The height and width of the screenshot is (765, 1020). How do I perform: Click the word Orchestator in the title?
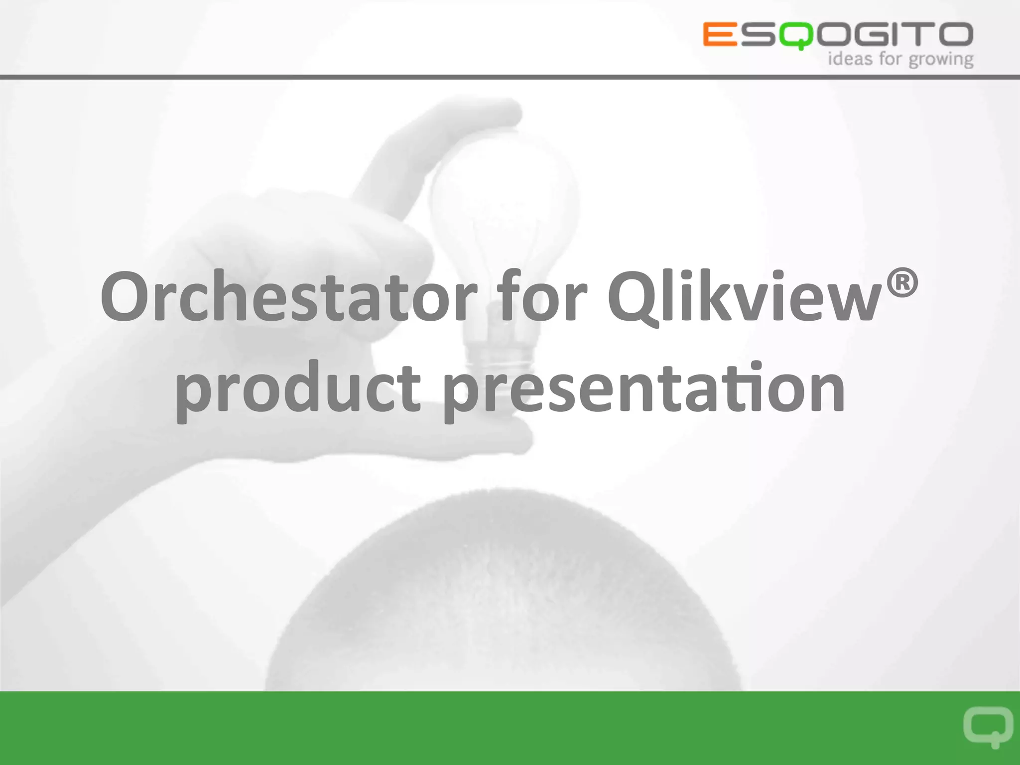288,297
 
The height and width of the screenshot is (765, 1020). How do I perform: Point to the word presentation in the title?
643,388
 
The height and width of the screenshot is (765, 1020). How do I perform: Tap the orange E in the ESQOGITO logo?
720,34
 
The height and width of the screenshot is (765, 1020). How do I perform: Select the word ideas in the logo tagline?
850,59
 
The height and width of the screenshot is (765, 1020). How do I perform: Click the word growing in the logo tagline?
941,60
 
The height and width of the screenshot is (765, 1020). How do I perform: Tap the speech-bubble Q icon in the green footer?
988,726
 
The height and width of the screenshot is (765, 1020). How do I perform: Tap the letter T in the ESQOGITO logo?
917,34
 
